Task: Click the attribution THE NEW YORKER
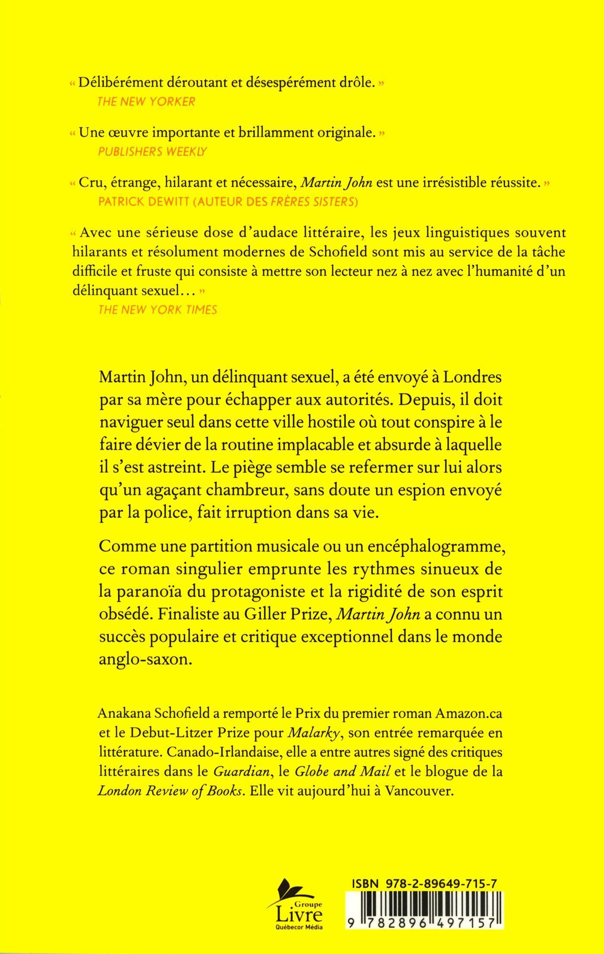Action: click(147, 101)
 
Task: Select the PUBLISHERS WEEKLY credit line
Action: click(152, 151)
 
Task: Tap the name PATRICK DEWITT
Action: click(142, 202)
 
